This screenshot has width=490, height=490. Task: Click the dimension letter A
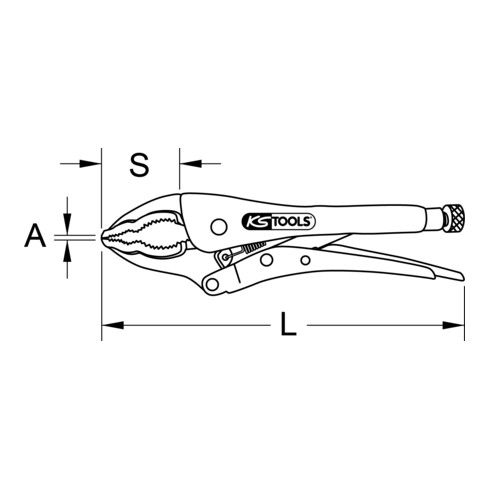tap(35, 236)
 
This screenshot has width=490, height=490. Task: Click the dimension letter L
tap(287, 325)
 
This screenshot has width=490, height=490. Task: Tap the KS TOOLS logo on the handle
tap(279, 221)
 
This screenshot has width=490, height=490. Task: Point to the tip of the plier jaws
tap(104, 236)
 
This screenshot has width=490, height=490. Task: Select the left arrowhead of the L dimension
tap(108, 325)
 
